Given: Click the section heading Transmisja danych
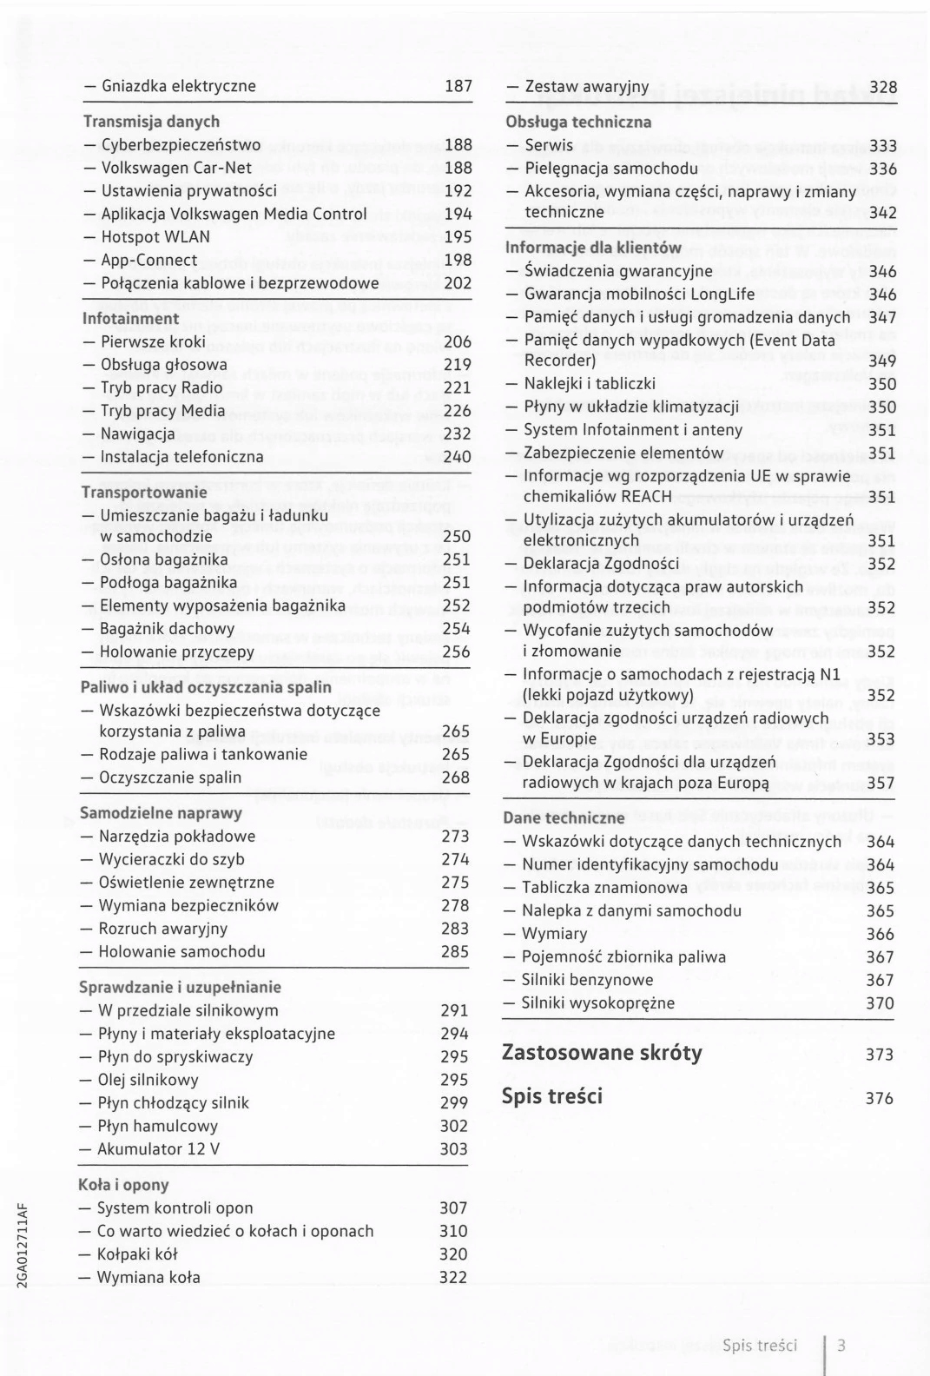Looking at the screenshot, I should [151, 122].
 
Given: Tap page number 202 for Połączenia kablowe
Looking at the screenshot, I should [457, 283].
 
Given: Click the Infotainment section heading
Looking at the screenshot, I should [130, 319].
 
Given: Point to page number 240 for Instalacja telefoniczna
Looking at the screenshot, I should [457, 457].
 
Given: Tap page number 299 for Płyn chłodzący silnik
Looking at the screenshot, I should [454, 1103].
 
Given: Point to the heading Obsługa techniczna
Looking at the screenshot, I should [578, 122].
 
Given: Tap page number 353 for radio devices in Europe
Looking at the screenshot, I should [881, 740].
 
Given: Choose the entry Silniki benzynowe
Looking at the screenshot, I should [587, 980].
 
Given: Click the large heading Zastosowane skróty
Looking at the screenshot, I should [602, 1053].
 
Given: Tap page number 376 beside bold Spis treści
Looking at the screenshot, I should [880, 1098].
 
